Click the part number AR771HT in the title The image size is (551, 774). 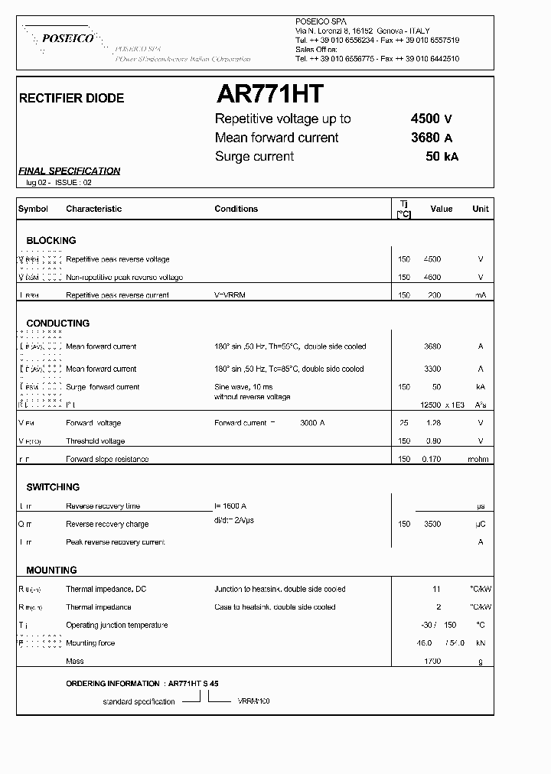[x=270, y=94]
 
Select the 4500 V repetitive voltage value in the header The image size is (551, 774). [x=431, y=119]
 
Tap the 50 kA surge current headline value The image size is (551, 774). [x=442, y=157]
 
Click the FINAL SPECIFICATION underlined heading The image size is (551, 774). [x=69, y=171]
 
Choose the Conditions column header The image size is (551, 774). [x=236, y=209]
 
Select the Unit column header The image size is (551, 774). [x=481, y=209]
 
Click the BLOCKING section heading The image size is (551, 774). [x=51, y=240]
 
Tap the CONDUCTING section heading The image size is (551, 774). [x=57, y=324]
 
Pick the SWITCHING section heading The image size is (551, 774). [x=53, y=487]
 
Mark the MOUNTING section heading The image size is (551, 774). [x=51, y=570]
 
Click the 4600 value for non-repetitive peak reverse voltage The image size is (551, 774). [x=432, y=277]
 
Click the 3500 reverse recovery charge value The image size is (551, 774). [x=432, y=524]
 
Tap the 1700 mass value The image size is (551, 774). [x=432, y=661]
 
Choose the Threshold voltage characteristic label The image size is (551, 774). [x=96, y=441]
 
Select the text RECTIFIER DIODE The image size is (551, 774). [x=71, y=99]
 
